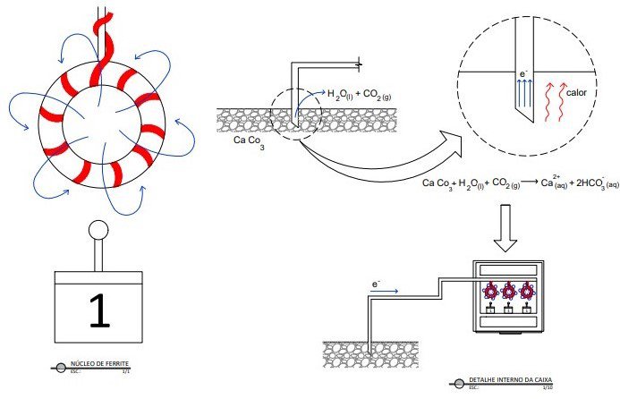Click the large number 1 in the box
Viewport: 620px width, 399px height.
(x=100, y=310)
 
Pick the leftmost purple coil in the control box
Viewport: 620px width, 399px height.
(x=490, y=291)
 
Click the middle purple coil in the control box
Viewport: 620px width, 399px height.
(x=511, y=291)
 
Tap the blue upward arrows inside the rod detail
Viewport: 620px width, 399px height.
(x=523, y=92)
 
